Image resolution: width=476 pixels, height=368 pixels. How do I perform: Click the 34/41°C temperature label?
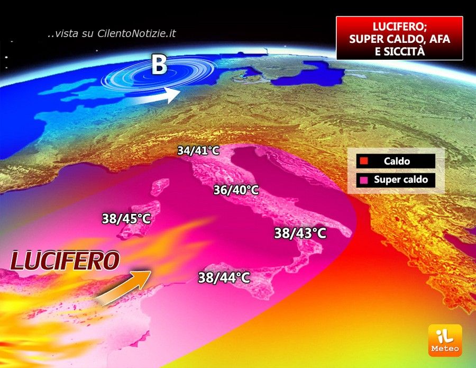coord(198,151)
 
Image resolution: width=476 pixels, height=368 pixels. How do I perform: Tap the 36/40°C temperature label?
coord(236,190)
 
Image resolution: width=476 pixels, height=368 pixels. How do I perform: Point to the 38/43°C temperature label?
coord(299,233)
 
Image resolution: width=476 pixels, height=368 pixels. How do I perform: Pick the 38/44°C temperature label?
coord(223,276)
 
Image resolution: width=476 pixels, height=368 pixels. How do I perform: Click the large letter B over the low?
coord(159,65)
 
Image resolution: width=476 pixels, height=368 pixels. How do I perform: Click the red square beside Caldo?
coord(363,161)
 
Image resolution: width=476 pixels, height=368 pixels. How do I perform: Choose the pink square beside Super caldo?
coord(363,179)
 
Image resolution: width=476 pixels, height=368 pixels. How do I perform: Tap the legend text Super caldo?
coord(400,179)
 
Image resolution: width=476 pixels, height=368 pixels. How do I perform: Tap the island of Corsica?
coord(160,186)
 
